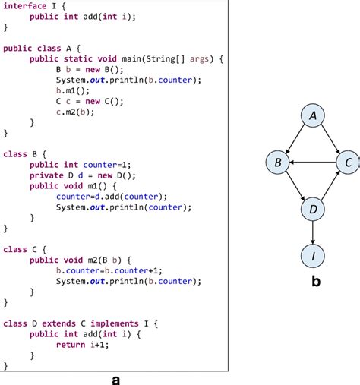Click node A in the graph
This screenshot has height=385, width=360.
point(313,115)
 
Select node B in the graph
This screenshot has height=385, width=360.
point(277,163)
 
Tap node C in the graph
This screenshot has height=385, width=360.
point(348,163)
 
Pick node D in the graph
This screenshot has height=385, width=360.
point(313,209)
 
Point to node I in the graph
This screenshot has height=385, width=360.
point(313,256)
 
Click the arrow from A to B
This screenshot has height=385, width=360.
point(295,139)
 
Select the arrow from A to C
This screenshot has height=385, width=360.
point(330,139)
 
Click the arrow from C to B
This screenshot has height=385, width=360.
point(313,163)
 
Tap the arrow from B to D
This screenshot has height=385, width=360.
point(295,186)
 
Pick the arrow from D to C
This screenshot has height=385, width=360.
point(330,186)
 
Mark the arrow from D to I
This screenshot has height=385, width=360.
point(313,232)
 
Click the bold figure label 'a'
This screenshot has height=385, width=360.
point(115,380)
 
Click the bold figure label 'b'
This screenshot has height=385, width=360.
point(316,280)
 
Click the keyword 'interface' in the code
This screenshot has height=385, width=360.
point(25,6)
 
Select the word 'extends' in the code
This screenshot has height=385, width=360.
point(58,323)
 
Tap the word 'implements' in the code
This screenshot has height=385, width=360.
point(115,323)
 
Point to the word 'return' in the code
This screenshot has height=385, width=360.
point(71,345)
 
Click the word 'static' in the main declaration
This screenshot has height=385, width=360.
point(78,58)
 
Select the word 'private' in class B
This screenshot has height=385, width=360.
point(46,175)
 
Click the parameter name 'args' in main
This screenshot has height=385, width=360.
point(199,59)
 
